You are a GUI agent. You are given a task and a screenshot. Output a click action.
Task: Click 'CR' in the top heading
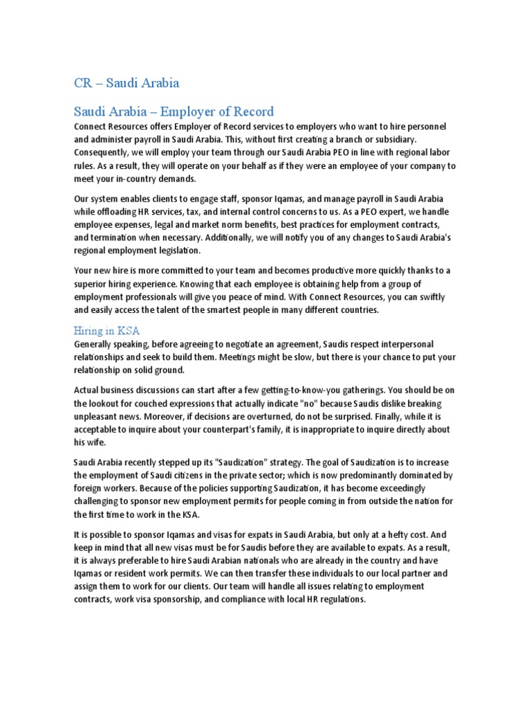click(x=83, y=83)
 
